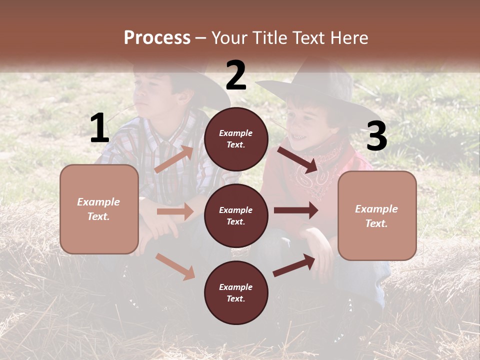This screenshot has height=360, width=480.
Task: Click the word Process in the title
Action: pyautogui.click(x=157, y=38)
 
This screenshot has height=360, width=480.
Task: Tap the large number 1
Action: pyautogui.click(x=99, y=128)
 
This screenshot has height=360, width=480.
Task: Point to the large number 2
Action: pyautogui.click(x=236, y=75)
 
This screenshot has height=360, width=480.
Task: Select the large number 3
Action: pyautogui.click(x=376, y=136)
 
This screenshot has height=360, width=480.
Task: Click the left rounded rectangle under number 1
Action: pyautogui.click(x=99, y=209)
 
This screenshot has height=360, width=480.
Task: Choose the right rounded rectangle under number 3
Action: pyautogui.click(x=377, y=215)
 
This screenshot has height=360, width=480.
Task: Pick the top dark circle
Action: pyautogui.click(x=236, y=139)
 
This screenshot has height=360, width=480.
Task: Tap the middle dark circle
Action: pyautogui.click(x=236, y=215)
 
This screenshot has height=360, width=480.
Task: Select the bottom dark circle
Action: pyautogui.click(x=236, y=292)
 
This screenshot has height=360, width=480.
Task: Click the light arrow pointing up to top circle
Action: pyautogui.click(x=174, y=159)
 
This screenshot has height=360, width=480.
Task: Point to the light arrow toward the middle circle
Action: pyautogui.click(x=175, y=211)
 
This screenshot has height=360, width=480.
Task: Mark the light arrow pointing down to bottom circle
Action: pyautogui.click(x=175, y=266)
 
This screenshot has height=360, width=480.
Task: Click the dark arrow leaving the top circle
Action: pyautogui.click(x=298, y=159)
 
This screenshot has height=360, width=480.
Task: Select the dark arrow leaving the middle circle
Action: pyautogui.click(x=296, y=210)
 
